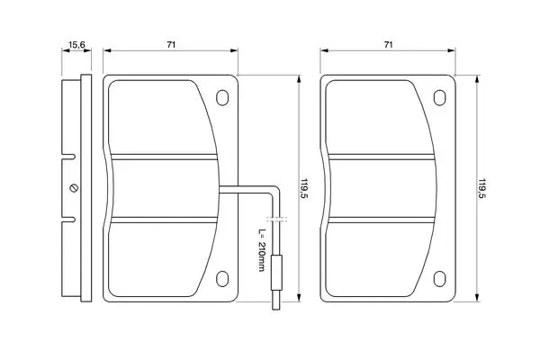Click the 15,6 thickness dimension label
click(x=76, y=44)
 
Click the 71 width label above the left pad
click(x=171, y=44)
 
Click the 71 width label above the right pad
click(x=388, y=44)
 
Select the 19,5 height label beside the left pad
click(x=304, y=188)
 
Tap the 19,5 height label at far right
click(x=481, y=188)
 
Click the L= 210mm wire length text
click(x=262, y=250)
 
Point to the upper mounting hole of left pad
click(x=222, y=97)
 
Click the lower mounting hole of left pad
click(x=222, y=279)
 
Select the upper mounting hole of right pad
click(x=439, y=97)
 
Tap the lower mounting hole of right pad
click(x=439, y=279)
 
